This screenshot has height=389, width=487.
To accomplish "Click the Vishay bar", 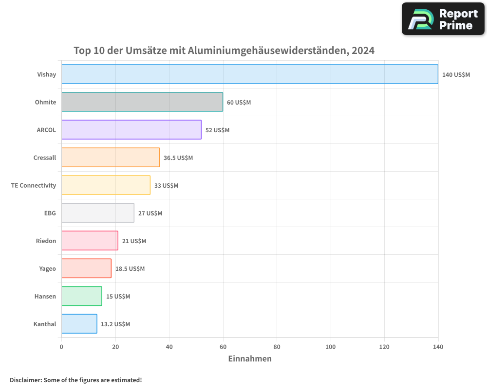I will [x=249, y=74].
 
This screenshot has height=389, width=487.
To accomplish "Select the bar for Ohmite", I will [x=142, y=102].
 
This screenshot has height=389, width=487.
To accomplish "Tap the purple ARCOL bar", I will [x=131, y=130].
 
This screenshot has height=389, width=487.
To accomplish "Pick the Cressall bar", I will [x=111, y=158].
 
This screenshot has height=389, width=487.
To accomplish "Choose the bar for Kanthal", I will [x=79, y=324].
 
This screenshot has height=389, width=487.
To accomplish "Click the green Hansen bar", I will [x=82, y=296].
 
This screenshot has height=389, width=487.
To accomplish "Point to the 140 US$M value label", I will [x=456, y=74].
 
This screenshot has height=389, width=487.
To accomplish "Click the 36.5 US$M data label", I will [x=178, y=158].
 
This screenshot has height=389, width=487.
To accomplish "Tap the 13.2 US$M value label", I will [x=115, y=324].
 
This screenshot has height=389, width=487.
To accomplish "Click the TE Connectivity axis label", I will [x=34, y=185].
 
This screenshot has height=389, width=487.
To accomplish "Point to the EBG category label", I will [x=50, y=213].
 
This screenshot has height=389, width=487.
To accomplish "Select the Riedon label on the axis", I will [x=46, y=241].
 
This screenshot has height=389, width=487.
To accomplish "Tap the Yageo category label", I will [x=47, y=268].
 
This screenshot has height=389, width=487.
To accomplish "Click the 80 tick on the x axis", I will [x=277, y=347].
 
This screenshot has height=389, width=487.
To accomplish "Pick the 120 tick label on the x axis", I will [x=384, y=347].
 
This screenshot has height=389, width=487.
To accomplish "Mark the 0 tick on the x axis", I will [x=61, y=347].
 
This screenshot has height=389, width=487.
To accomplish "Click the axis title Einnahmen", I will [x=250, y=359].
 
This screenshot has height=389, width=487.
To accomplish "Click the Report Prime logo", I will [x=443, y=19].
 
